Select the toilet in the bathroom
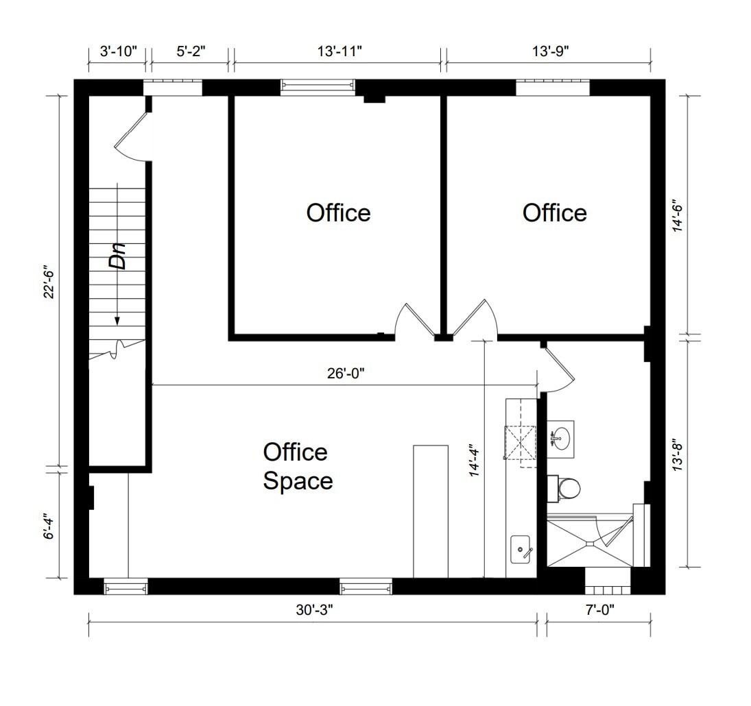pos(568,487)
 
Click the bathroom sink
pos(562,437)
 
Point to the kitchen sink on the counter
pos(523,549)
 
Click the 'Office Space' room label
pos(298,466)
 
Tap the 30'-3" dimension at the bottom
pos(313,609)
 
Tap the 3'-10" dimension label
pos(118,51)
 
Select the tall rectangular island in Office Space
pos(430,511)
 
